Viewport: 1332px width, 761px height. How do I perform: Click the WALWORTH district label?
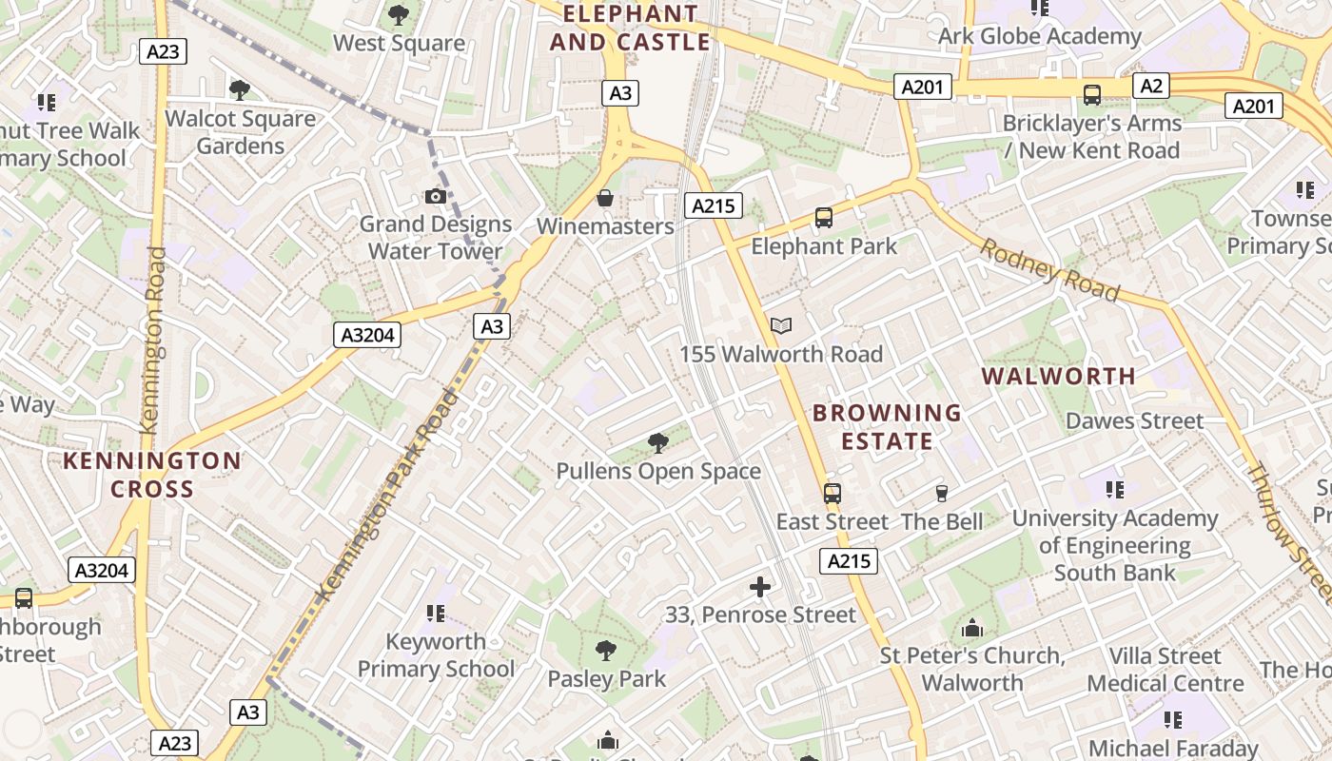pos(1058,376)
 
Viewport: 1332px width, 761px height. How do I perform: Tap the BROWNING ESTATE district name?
pos(887,427)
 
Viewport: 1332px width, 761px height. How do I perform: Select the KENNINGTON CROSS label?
pos(152,475)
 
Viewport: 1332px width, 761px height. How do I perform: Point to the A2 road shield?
pos(1150,87)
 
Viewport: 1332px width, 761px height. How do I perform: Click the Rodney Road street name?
pos(1049,269)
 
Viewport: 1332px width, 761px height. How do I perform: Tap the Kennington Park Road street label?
pos(386,496)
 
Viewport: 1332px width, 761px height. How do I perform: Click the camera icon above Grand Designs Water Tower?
pos(436,197)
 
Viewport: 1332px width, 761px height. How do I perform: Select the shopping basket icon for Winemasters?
pos(604,198)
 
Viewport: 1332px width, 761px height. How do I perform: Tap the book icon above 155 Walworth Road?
pos(781,326)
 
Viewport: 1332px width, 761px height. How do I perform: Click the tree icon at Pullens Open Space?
pos(657,442)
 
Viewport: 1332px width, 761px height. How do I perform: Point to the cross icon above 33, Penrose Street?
pos(760,587)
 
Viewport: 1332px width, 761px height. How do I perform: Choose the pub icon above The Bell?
pos(942,493)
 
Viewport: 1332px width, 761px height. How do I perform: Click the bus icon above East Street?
pos(832,493)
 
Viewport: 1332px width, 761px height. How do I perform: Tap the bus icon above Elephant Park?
pos(824,218)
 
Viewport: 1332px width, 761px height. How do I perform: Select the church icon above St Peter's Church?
pos(971,628)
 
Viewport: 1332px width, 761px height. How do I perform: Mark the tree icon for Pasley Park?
pos(606,651)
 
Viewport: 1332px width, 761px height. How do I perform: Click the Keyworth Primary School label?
pos(436,655)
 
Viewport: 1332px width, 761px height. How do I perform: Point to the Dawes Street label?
pos(1134,420)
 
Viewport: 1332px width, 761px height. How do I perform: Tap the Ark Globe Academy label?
pos(1039,36)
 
